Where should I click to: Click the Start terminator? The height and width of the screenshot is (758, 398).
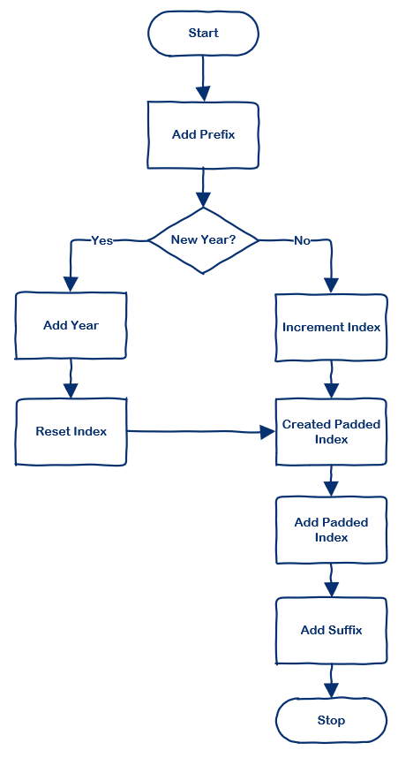[203, 34]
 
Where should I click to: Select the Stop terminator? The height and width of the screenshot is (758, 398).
[331, 720]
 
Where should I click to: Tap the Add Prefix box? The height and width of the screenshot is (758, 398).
[203, 135]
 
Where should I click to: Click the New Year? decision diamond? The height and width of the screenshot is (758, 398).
[203, 240]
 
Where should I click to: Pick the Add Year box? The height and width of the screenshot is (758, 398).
[71, 326]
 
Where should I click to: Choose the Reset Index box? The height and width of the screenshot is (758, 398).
[71, 432]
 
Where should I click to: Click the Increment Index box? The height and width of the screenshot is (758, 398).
[331, 328]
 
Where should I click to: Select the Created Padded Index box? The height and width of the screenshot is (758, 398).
[331, 432]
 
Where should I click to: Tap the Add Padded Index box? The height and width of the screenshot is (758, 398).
[331, 530]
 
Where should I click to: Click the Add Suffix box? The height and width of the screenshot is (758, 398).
[331, 631]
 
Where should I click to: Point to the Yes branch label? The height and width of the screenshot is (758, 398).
[102, 240]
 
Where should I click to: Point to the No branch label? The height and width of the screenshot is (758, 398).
[302, 240]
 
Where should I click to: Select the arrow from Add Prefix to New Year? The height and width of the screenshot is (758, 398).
[203, 186]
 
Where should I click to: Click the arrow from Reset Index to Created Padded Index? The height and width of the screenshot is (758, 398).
[199, 432]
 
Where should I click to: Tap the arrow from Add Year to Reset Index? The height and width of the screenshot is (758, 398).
[71, 380]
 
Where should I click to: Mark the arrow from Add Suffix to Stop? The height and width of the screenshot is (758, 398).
[331, 681]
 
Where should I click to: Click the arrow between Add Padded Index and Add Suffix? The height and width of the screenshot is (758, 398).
[331, 580]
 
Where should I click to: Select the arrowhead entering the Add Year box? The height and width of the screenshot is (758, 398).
[71, 284]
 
